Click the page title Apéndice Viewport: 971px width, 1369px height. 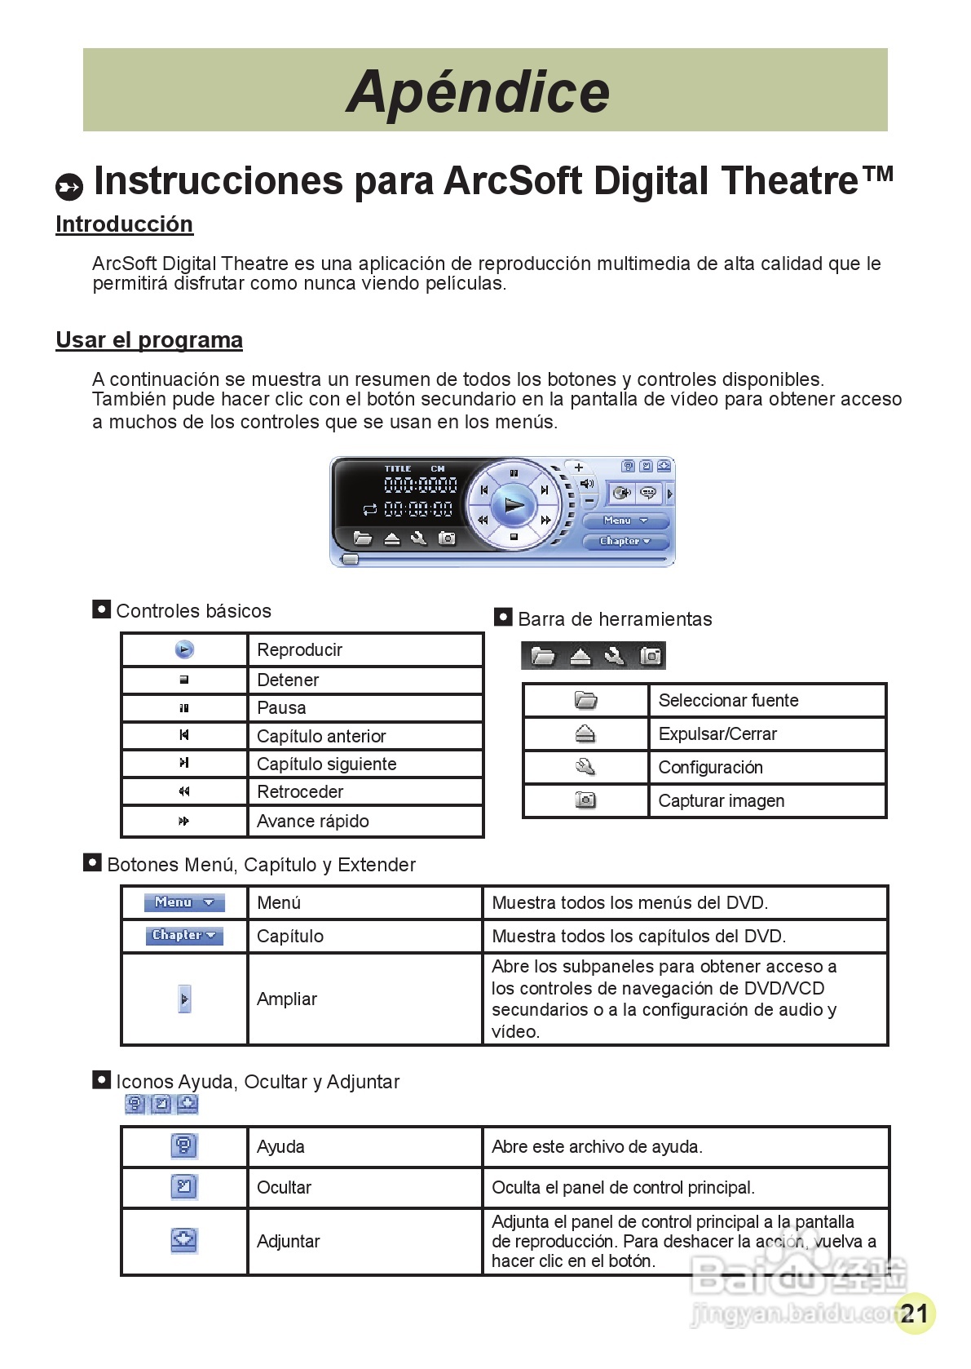pyautogui.click(x=478, y=91)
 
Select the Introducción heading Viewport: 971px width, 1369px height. pyautogui.click(x=124, y=224)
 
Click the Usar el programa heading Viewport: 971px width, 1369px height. pyautogui.click(x=149, y=340)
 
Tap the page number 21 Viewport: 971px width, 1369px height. pyautogui.click(x=915, y=1313)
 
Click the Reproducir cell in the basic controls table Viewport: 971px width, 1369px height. pyautogui.click(x=299, y=650)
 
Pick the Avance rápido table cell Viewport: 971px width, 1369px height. pyautogui.click(x=312, y=822)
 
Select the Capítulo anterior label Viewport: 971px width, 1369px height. pyautogui.click(x=321, y=736)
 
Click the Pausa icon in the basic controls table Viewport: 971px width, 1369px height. pyautogui.click(x=184, y=708)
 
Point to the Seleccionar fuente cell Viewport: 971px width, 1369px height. pyautogui.click(x=728, y=701)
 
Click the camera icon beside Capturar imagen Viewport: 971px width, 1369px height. pyautogui.click(x=585, y=800)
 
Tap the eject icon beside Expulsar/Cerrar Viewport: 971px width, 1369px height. pyautogui.click(x=585, y=734)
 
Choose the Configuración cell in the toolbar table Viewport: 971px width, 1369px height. pyautogui.click(x=710, y=768)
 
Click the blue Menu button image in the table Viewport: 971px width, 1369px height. pyautogui.click(x=184, y=902)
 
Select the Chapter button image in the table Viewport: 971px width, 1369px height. pyautogui.click(x=184, y=936)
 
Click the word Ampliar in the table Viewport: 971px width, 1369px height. pyautogui.click(x=287, y=999)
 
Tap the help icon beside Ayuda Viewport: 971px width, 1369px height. pyautogui.click(x=184, y=1146)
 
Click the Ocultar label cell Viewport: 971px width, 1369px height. pyautogui.click(x=284, y=1188)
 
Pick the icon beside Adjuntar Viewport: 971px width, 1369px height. pyautogui.click(x=184, y=1241)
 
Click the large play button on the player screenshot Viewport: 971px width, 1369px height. pyautogui.click(x=514, y=506)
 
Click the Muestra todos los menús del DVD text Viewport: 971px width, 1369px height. pyautogui.click(x=629, y=903)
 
